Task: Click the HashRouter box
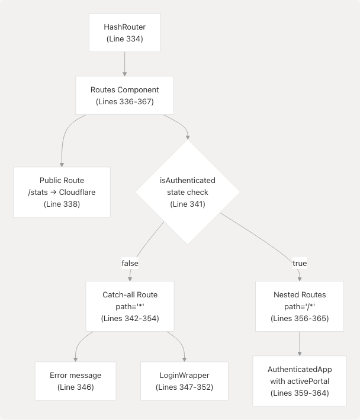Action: pyautogui.click(x=124, y=33)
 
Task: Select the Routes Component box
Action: pyautogui.click(x=124, y=95)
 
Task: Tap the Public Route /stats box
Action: pyautogui.click(x=62, y=192)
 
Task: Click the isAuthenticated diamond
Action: pyautogui.click(x=187, y=192)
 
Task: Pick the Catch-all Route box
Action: pyautogui.click(x=130, y=306)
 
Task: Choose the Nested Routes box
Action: pyautogui.click(x=299, y=306)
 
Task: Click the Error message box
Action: pyautogui.click(x=75, y=381)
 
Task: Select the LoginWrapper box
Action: pyautogui.click(x=184, y=381)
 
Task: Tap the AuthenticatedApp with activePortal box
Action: pyautogui.click(x=299, y=381)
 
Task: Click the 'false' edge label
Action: pyautogui.click(x=130, y=263)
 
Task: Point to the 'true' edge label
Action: pyautogui.click(x=299, y=263)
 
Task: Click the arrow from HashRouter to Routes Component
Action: pyautogui.click(x=124, y=63)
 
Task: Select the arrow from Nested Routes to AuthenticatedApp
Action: pyautogui.click(x=299, y=344)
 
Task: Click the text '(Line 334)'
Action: pyautogui.click(x=124, y=39)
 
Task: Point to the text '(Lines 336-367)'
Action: pyautogui.click(x=124, y=102)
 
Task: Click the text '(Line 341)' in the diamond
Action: pyautogui.click(x=187, y=204)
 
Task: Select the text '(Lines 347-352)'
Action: pyautogui.click(x=184, y=387)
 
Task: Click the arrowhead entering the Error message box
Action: pyautogui.click(x=75, y=359)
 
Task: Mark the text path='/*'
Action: pyautogui.click(x=299, y=306)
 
